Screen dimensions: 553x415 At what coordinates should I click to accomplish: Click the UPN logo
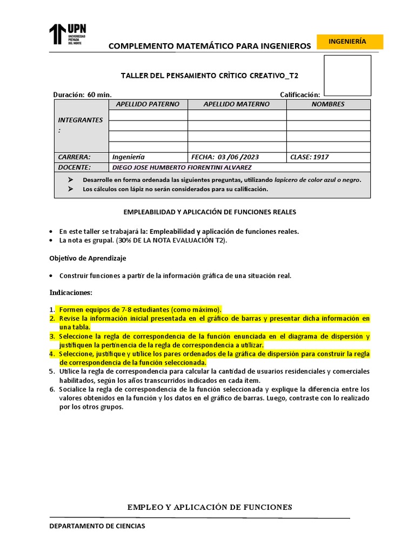[68, 34]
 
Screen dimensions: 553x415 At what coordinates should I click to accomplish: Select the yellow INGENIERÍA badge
[350, 42]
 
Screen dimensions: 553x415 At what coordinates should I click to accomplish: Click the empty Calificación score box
[347, 75]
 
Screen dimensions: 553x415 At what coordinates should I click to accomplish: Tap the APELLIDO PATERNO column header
[148, 104]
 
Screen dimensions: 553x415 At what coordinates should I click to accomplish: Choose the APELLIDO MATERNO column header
[237, 104]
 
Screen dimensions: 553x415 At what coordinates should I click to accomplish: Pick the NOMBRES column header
[328, 104]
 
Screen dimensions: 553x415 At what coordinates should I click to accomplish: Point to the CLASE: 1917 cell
[310, 157]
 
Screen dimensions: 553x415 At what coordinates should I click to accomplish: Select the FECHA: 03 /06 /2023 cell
[225, 157]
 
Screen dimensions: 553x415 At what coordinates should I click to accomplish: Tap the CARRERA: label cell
[75, 157]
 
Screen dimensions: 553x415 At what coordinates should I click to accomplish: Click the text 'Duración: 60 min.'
[82, 95]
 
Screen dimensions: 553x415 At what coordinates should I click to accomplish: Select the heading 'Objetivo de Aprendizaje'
[88, 258]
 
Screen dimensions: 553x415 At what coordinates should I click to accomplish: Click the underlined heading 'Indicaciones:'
[71, 292]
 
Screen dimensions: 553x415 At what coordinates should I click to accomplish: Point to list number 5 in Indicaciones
[52, 372]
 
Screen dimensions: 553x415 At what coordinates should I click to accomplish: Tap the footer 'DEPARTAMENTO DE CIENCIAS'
[97, 526]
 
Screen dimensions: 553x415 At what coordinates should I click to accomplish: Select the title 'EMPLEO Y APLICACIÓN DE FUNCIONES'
[210, 507]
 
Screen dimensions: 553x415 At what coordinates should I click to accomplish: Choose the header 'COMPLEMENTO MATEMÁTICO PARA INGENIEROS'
[210, 46]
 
